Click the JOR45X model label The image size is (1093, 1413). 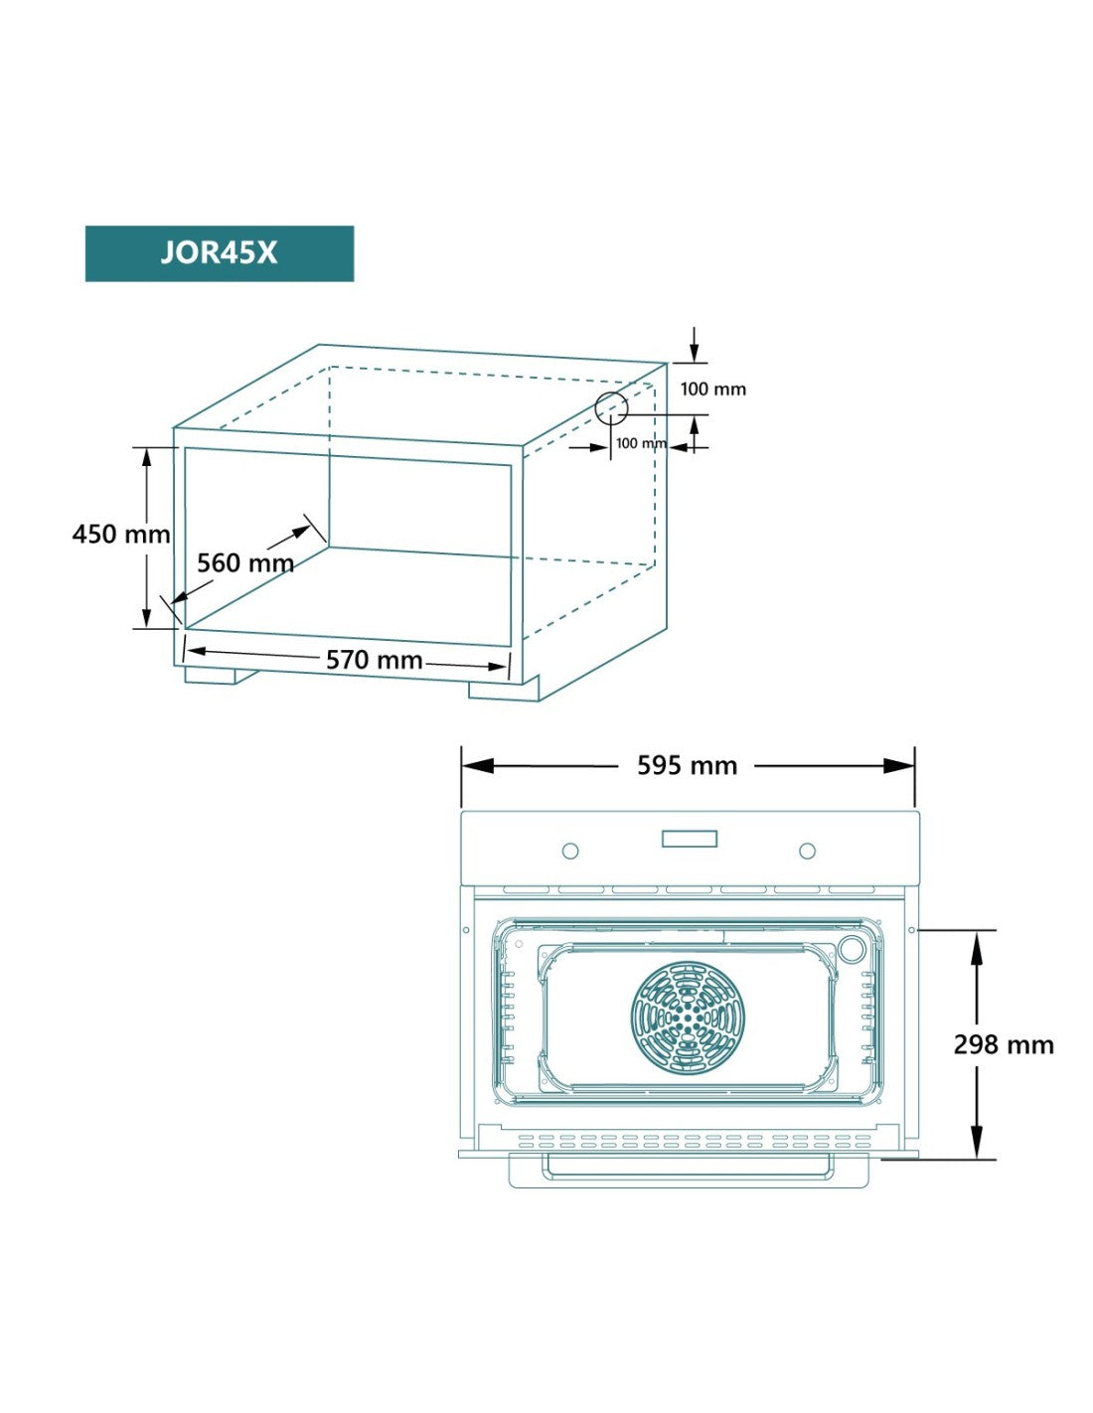219,253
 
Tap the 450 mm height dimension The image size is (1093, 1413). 121,534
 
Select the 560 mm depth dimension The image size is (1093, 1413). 245,563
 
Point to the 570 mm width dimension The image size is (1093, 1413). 375,660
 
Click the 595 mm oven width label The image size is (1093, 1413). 687,766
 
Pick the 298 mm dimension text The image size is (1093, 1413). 1004,1044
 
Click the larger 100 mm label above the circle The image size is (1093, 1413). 712,390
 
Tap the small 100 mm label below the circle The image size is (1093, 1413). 640,443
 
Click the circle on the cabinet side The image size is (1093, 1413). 611,408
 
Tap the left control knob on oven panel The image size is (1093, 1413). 570,851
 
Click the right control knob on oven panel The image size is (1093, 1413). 808,851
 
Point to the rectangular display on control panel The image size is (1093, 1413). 690,839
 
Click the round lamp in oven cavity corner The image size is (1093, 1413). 852,948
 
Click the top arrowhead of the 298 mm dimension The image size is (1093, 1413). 977,947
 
